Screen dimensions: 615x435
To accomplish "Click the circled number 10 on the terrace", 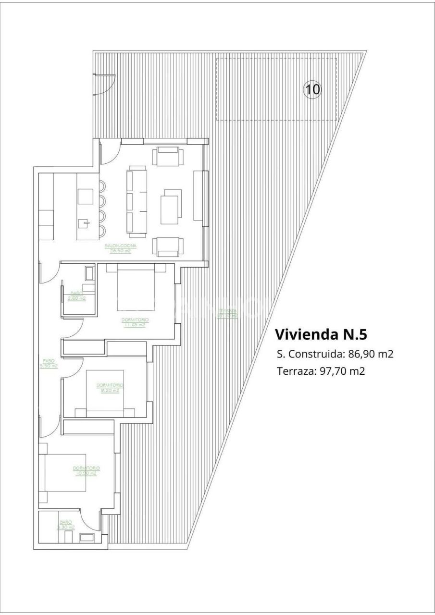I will (312, 89).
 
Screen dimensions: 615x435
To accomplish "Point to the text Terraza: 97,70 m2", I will (321, 371).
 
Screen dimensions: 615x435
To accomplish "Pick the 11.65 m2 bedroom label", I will (135, 322).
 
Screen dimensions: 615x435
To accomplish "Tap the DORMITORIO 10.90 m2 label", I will (86, 470).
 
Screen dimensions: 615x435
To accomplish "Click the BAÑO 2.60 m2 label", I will (76, 295).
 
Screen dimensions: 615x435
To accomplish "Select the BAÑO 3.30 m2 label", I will (66, 525).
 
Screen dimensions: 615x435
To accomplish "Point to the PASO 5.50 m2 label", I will (49, 363).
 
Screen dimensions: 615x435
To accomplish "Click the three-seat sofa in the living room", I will (137, 202).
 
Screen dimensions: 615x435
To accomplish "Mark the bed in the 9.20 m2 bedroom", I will (105, 392).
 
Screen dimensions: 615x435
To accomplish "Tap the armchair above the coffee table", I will (168, 156).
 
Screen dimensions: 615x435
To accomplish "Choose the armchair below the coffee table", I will (168, 246).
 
